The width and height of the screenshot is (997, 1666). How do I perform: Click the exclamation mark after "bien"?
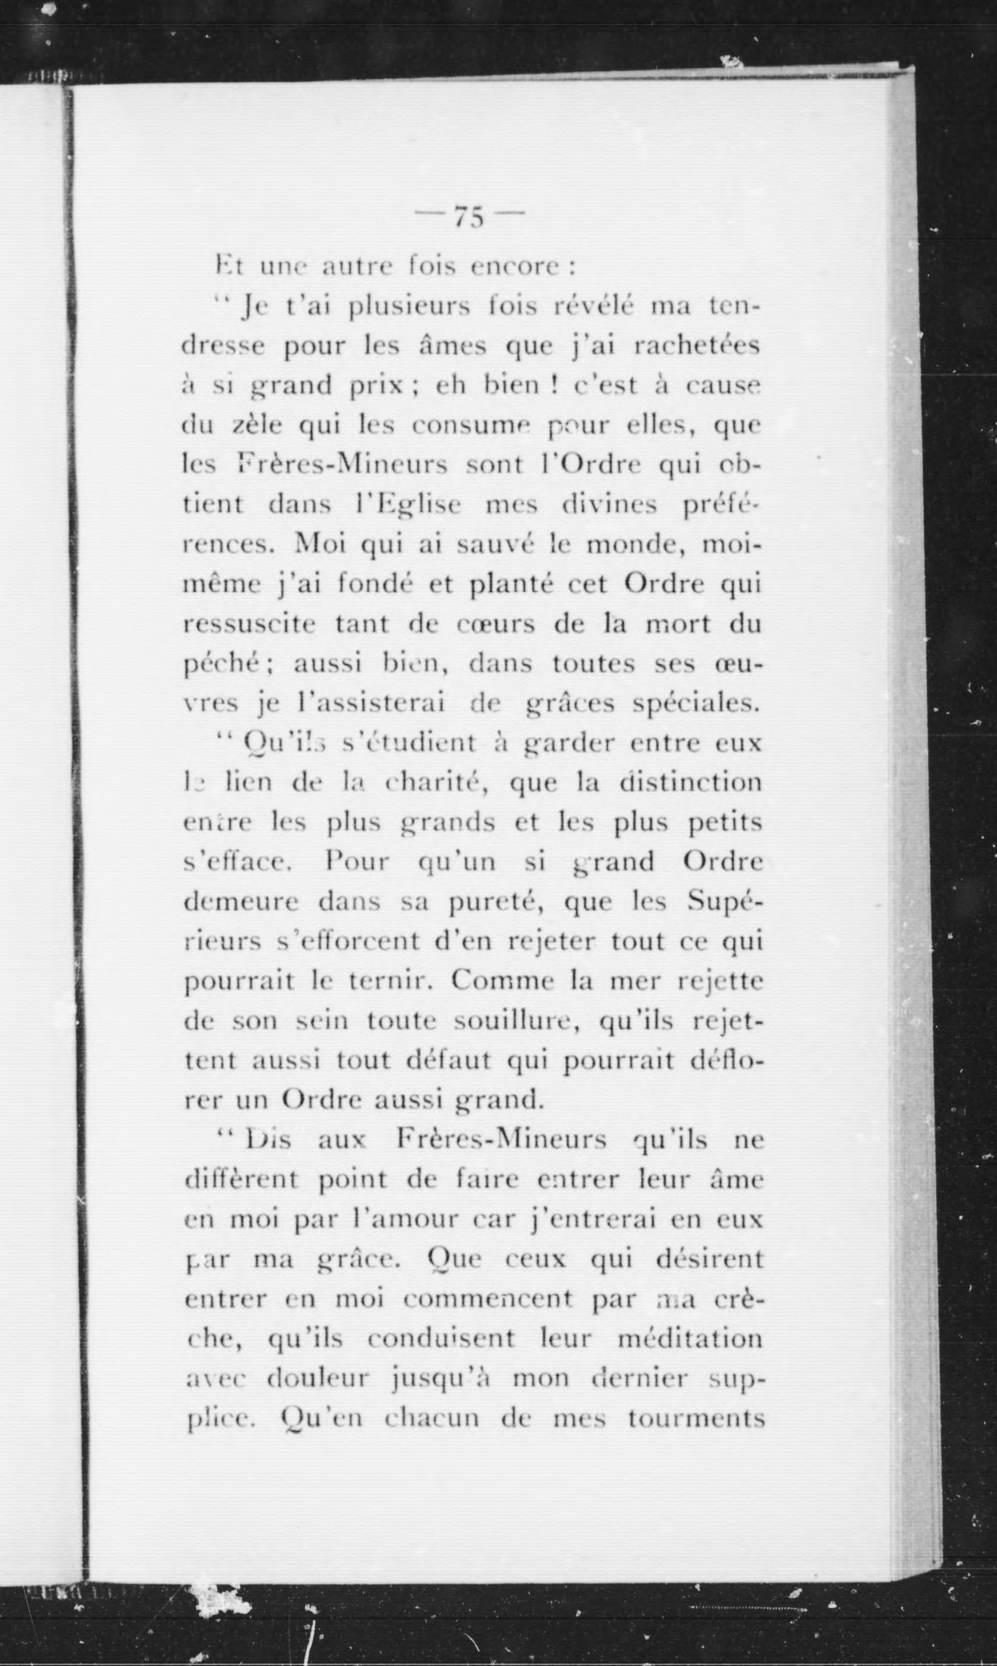pyautogui.click(x=556, y=386)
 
